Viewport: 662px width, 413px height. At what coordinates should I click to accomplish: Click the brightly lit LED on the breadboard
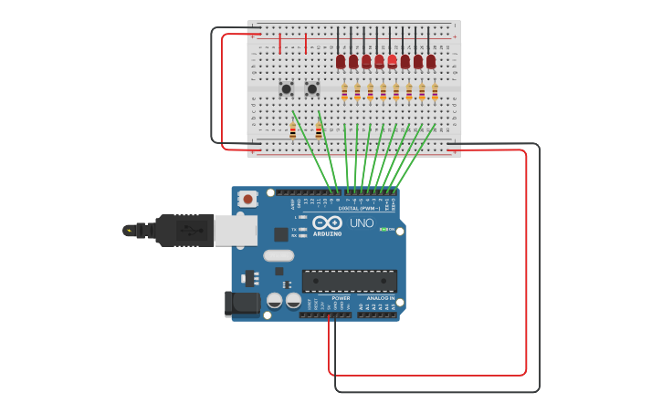pyautogui.click(x=392, y=60)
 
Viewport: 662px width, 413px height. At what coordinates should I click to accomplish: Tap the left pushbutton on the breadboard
pyautogui.click(x=286, y=88)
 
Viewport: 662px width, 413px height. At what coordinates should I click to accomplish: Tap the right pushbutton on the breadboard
pyautogui.click(x=311, y=88)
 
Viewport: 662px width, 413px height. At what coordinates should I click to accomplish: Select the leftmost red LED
pyautogui.click(x=341, y=61)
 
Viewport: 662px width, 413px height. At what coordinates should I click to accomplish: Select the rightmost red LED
pyautogui.click(x=431, y=61)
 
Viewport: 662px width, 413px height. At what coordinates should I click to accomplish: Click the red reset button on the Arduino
pyautogui.click(x=247, y=198)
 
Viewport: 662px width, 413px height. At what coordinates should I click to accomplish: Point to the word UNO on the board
pyautogui.click(x=361, y=223)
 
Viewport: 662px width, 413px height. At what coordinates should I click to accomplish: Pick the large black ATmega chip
pyautogui.click(x=350, y=281)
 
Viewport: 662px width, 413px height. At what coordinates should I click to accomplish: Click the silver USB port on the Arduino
pyautogui.click(x=235, y=231)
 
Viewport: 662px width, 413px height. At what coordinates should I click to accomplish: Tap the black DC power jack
pyautogui.click(x=242, y=304)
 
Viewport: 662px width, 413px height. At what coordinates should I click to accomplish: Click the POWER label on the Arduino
pyautogui.click(x=341, y=298)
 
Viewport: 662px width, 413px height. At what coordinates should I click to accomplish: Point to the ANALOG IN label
pyautogui.click(x=381, y=298)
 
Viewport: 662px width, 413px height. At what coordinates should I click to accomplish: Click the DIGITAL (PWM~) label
pyautogui.click(x=360, y=208)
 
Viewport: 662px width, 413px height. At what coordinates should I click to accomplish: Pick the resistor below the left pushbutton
pyautogui.click(x=292, y=131)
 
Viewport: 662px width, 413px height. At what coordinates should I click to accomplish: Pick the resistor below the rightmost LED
pyautogui.click(x=435, y=91)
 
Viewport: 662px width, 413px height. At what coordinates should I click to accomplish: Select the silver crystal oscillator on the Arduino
pyautogui.click(x=278, y=255)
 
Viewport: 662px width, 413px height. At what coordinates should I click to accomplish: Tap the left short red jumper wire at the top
pyautogui.click(x=279, y=44)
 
